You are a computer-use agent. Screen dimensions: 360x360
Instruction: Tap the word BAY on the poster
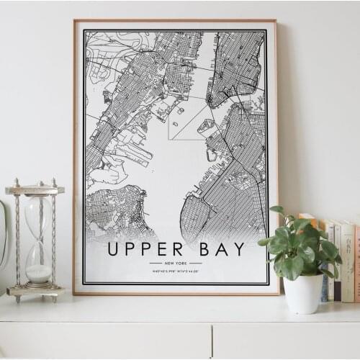pos(220,249)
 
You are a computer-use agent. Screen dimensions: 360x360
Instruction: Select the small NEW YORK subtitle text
pos(176,264)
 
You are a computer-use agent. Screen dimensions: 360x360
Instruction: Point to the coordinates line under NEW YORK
pos(176,271)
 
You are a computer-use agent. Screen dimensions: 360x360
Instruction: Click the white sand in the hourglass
pos(38,274)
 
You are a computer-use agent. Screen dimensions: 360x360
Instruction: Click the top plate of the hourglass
pos(35,189)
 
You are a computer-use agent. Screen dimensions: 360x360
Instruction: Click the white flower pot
pos(303,293)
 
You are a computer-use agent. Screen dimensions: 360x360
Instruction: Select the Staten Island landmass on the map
pos(115,212)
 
